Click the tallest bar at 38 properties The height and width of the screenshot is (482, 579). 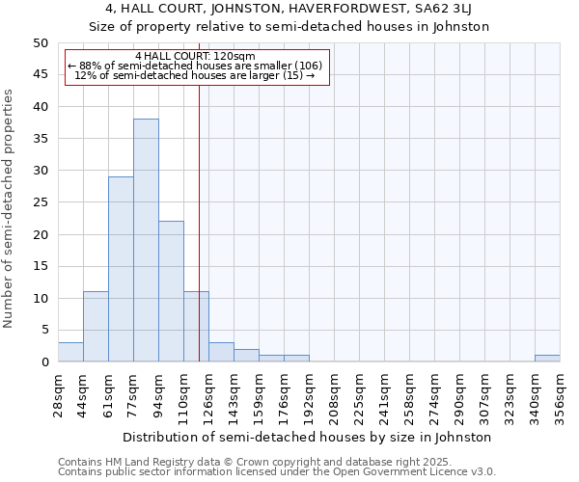click(x=146, y=240)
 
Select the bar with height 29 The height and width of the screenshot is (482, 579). click(x=121, y=269)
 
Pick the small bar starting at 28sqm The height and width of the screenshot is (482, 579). click(x=70, y=352)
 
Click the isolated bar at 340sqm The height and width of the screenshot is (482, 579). click(x=547, y=359)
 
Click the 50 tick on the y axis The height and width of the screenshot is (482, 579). click(x=41, y=43)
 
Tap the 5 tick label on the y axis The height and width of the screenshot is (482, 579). click(x=44, y=331)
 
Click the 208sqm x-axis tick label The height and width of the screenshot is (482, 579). click(x=335, y=394)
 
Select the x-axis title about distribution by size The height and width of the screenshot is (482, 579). click(x=308, y=437)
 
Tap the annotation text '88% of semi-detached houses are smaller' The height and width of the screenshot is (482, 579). click(x=198, y=66)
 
